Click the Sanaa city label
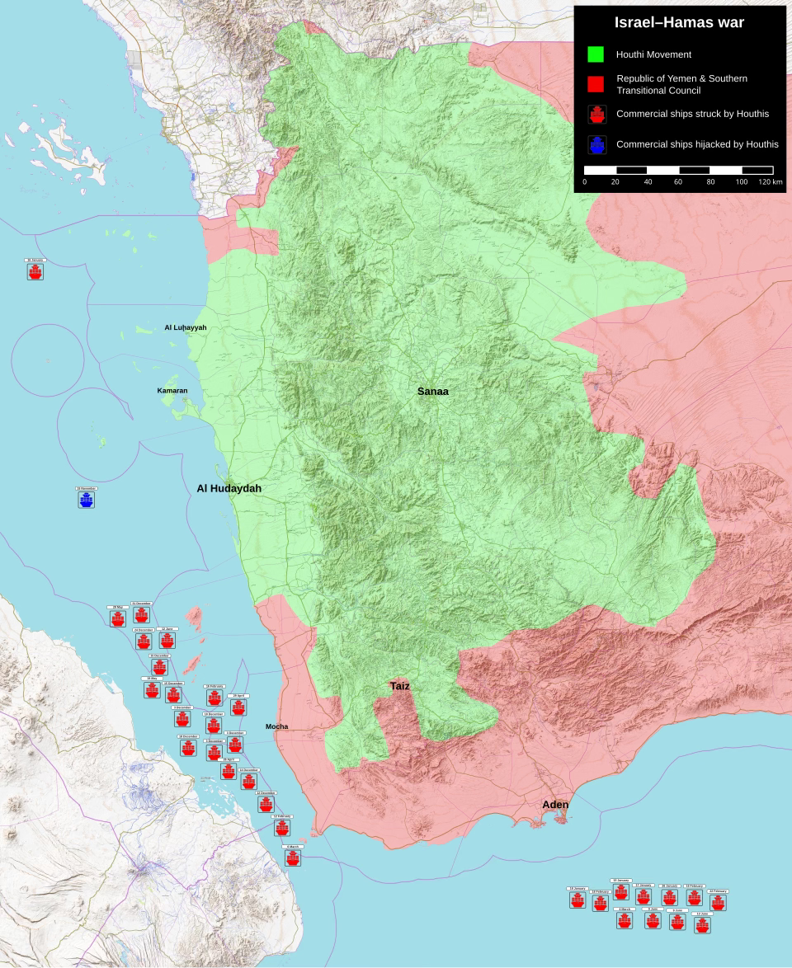pyautogui.click(x=432, y=392)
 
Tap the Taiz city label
pyautogui.click(x=399, y=686)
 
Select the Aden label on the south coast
pyautogui.click(x=554, y=805)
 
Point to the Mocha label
pyautogui.click(x=276, y=726)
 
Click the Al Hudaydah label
pyautogui.click(x=229, y=489)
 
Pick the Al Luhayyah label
pyautogui.click(x=185, y=328)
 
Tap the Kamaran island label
pyautogui.click(x=172, y=391)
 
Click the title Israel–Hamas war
pyautogui.click(x=679, y=23)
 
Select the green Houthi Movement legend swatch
pyautogui.click(x=595, y=54)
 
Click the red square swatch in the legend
pyautogui.click(x=595, y=84)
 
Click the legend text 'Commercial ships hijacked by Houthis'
pyautogui.click(x=697, y=144)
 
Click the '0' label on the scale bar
pyautogui.click(x=584, y=181)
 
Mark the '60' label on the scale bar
pyautogui.click(x=679, y=181)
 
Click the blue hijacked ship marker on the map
pyautogui.click(x=87, y=500)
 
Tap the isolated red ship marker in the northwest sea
pyautogui.click(x=35, y=271)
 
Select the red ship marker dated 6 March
pyautogui.click(x=292, y=858)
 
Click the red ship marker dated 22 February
pyautogui.click(x=718, y=902)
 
